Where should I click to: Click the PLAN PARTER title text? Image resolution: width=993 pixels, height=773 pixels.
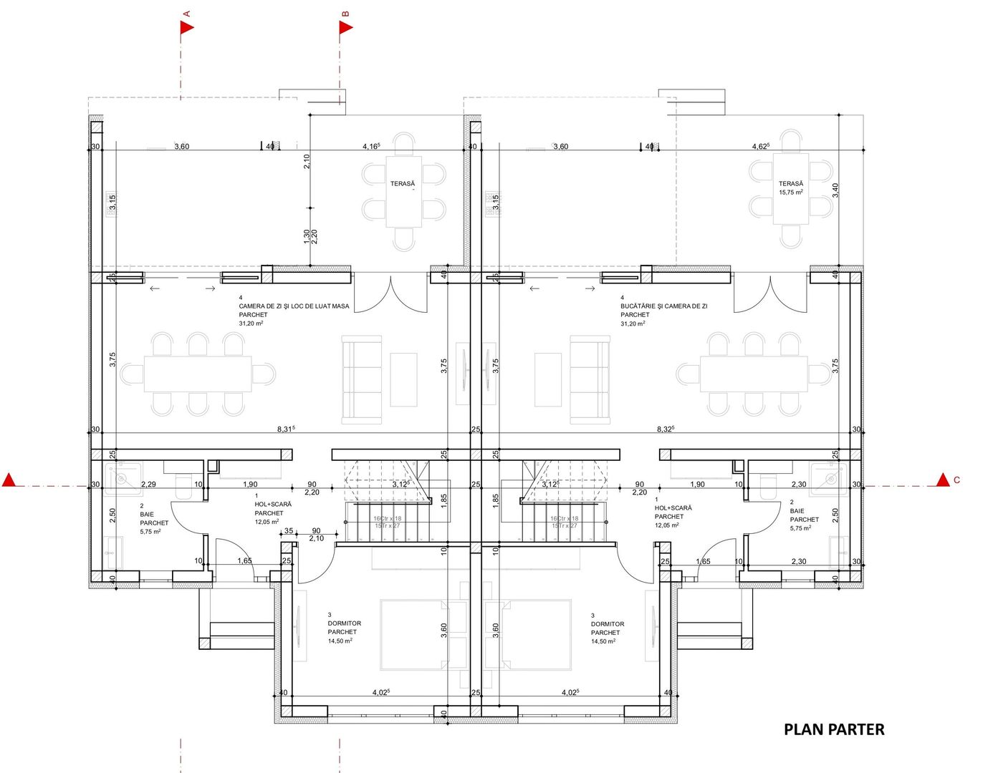pyautogui.click(x=834, y=729)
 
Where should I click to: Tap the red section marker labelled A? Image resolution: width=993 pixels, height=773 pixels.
pyautogui.click(x=187, y=27)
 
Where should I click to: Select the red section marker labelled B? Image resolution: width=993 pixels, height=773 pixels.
pyautogui.click(x=346, y=27)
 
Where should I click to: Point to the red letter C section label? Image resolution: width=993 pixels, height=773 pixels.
pyautogui.click(x=956, y=480)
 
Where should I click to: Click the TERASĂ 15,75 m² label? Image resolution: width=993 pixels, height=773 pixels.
pyautogui.click(x=791, y=188)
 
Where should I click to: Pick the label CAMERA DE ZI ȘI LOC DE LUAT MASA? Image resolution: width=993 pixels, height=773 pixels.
pyautogui.click(x=294, y=306)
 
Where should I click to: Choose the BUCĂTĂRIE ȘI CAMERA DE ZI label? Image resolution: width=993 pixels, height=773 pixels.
pyautogui.click(x=663, y=306)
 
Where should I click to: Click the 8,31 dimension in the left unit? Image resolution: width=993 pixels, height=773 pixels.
pyautogui.click(x=286, y=429)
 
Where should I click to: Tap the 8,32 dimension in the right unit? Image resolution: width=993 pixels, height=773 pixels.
pyautogui.click(x=666, y=429)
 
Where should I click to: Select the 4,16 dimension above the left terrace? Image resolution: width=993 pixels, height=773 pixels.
pyautogui.click(x=371, y=146)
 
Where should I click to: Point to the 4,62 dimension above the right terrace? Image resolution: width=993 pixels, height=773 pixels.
pyautogui.click(x=760, y=146)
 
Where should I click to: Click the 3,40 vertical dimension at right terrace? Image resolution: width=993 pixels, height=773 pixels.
pyautogui.click(x=835, y=190)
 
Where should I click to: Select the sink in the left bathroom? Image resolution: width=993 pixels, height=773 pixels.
pyautogui.click(x=119, y=475)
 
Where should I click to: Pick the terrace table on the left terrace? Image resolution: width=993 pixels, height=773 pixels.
pyautogui.click(x=403, y=192)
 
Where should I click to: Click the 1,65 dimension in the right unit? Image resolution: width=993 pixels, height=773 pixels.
pyautogui.click(x=703, y=561)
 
